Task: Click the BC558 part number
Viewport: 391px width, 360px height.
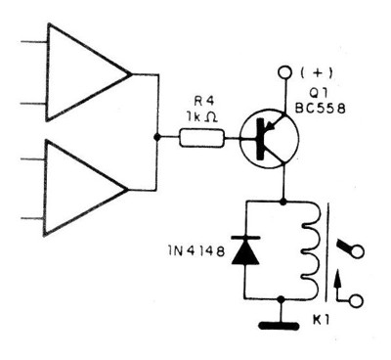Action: pos(332,109)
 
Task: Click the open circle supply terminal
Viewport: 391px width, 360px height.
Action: pos(284,72)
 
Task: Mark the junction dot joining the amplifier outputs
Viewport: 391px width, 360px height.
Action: pos(157,138)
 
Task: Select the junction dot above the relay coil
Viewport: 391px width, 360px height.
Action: pos(283,201)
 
